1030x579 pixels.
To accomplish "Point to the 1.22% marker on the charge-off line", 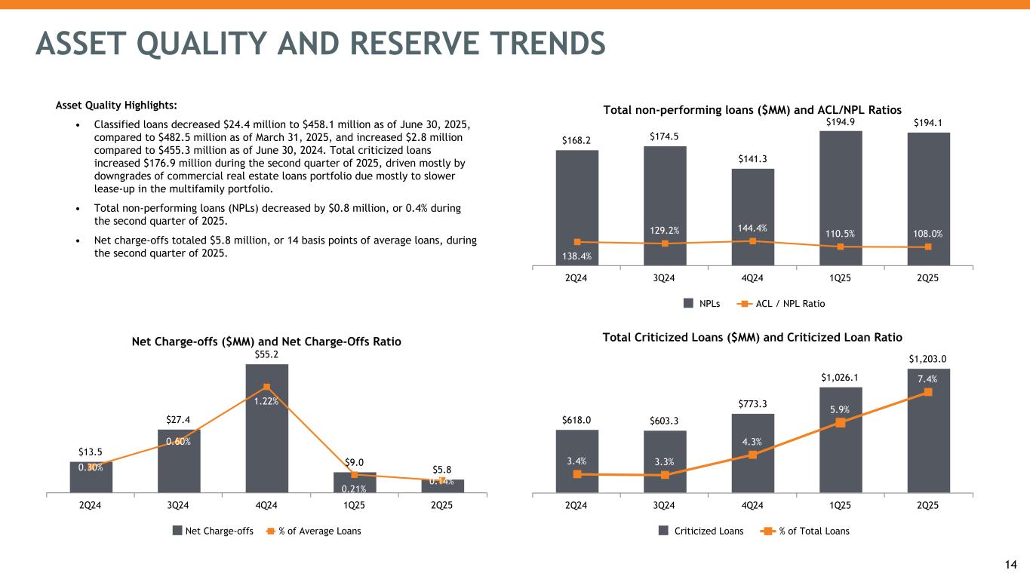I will pos(266,388).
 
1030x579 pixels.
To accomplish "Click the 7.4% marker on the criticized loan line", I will pos(928,392).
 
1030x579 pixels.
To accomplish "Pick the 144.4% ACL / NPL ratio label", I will pos(753,227).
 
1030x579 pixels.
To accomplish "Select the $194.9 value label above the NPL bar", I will pos(841,121).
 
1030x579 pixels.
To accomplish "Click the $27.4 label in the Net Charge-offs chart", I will pos(179,419).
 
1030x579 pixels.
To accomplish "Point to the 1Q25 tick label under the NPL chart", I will pos(841,278).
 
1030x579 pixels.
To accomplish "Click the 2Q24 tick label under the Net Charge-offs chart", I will pos(91,505).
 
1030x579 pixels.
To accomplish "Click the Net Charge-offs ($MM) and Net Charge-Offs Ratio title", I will pos(266,342).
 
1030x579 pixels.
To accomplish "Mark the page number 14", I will pos(1012,565).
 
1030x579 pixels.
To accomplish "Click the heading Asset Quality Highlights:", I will pos(114,105).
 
